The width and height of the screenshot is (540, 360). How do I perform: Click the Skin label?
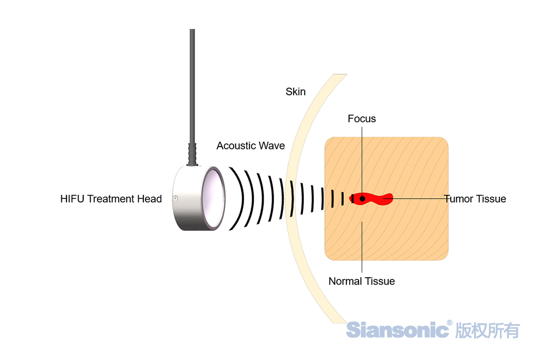coord(295,92)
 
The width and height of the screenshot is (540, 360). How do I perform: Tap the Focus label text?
coord(362,119)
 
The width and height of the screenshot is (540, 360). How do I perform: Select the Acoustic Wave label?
coord(250,145)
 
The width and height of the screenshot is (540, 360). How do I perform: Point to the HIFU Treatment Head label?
coord(111,199)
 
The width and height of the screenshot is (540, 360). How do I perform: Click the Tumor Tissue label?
coord(475,199)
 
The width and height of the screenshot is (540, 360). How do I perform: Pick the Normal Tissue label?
coord(362,281)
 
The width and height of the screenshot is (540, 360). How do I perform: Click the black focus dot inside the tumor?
coord(362,198)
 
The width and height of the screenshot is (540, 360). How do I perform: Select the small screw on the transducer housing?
coord(175,199)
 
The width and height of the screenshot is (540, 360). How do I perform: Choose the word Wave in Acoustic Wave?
coord(272,145)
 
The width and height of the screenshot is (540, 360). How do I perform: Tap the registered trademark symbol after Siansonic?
coord(449,323)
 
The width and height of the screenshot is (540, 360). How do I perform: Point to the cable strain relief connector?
coord(192,153)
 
